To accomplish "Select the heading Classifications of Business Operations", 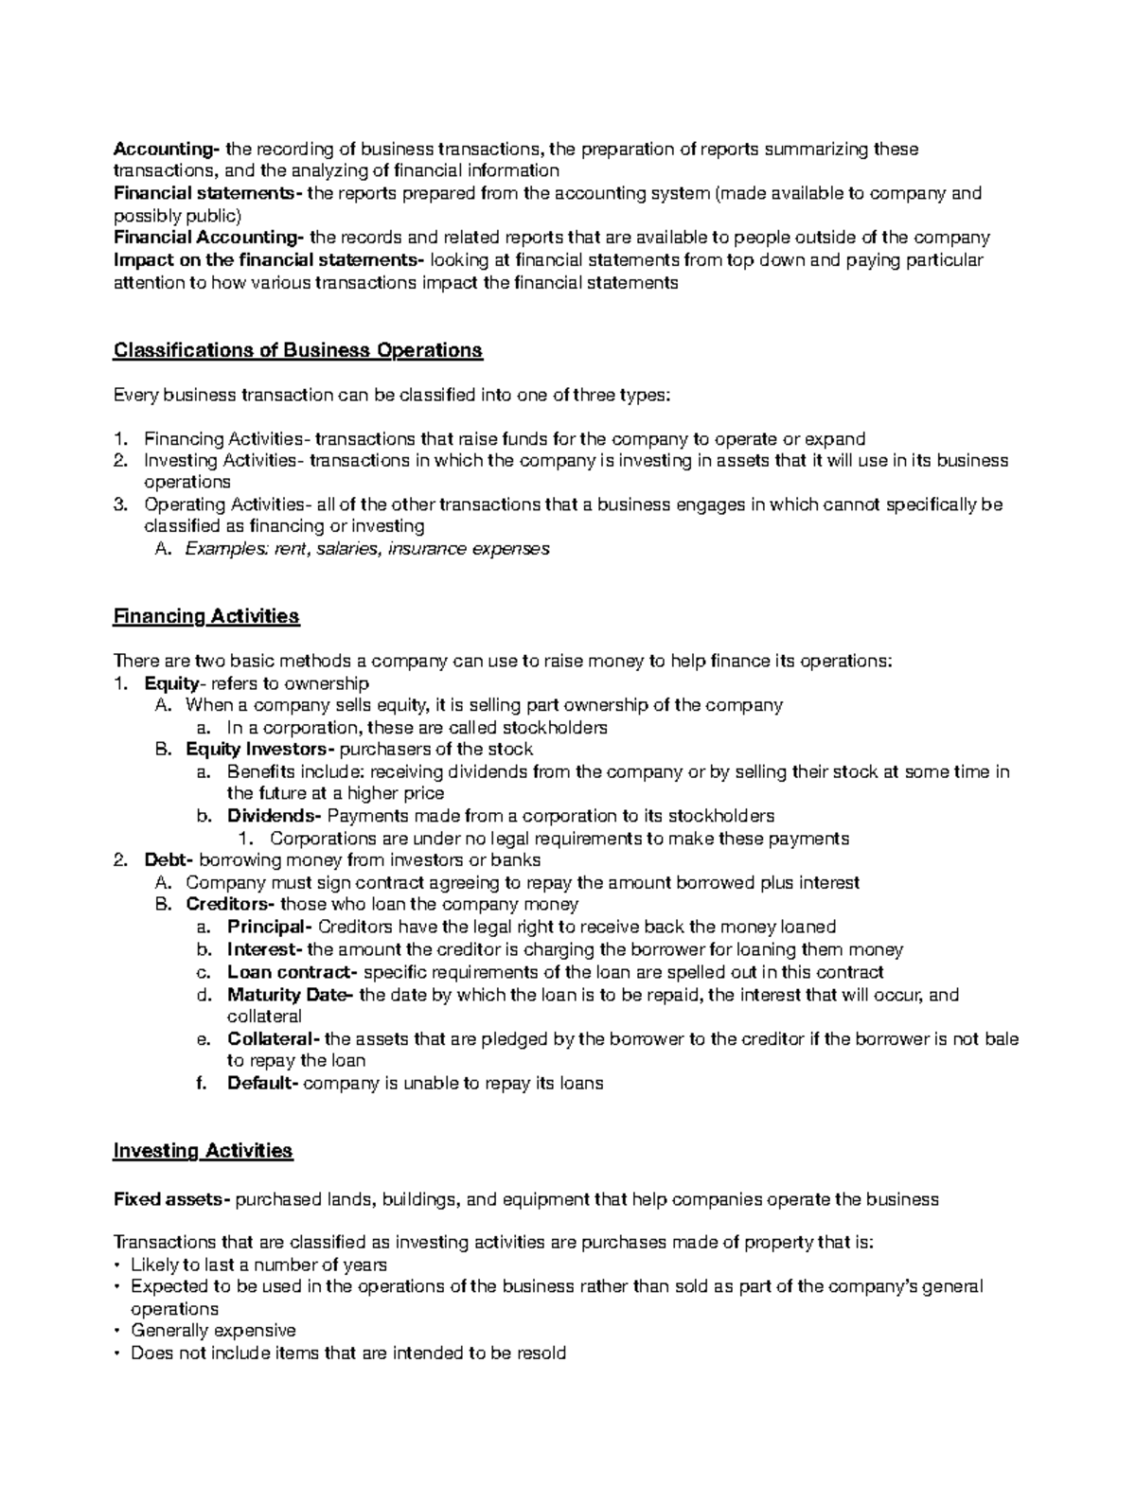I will [x=297, y=350].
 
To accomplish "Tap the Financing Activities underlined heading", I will [x=205, y=616].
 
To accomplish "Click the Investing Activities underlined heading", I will [x=203, y=1151].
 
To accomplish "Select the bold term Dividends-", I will [x=275, y=816].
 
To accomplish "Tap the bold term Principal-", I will [x=270, y=927].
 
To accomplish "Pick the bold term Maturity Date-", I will [x=291, y=995].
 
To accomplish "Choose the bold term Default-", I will [x=262, y=1083].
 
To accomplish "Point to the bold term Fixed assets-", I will [x=171, y=1199].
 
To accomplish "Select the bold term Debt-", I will [x=169, y=860].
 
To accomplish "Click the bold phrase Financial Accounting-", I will [x=209, y=238].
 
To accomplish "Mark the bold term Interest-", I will [x=265, y=949].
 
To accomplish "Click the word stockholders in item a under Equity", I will [x=554, y=728].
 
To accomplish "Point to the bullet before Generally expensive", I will [x=116, y=1331].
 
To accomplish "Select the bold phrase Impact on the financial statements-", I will [x=269, y=260].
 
